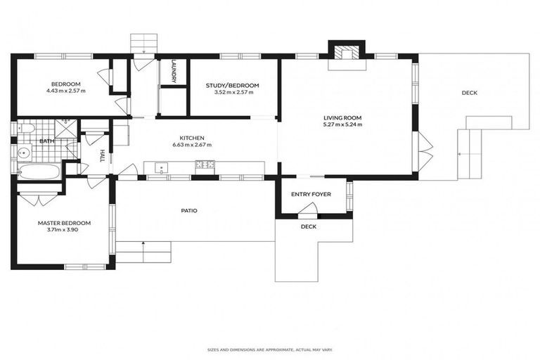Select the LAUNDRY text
tap(173, 71)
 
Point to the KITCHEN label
tap(192, 138)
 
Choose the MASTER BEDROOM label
tap(64, 223)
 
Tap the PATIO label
tap(188, 210)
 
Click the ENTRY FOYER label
tap(311, 194)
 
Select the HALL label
tap(102, 155)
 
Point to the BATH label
tap(46, 141)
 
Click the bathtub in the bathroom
tap(39, 170)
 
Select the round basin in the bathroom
tap(23, 152)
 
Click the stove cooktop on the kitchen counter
tap(205, 166)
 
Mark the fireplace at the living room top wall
tap(346, 53)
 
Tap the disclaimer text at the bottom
tap(270, 349)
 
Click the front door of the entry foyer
tap(308, 210)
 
